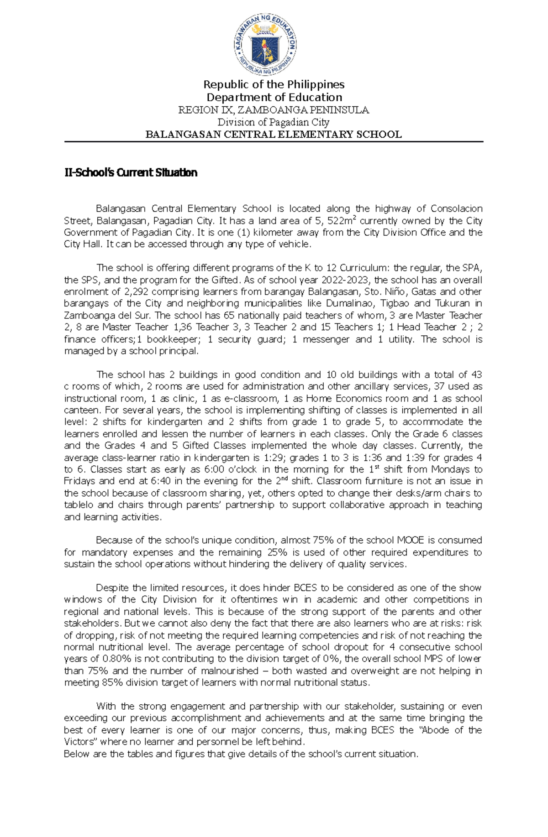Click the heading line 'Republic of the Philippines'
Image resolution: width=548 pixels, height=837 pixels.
[x=274, y=84]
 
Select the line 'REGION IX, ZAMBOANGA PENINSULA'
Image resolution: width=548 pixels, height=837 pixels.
[x=274, y=110]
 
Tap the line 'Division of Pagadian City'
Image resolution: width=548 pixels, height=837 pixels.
[x=273, y=122]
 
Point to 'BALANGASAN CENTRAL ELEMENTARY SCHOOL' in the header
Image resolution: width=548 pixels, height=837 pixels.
[x=273, y=134]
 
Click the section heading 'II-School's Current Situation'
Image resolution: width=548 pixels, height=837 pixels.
[x=131, y=172]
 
